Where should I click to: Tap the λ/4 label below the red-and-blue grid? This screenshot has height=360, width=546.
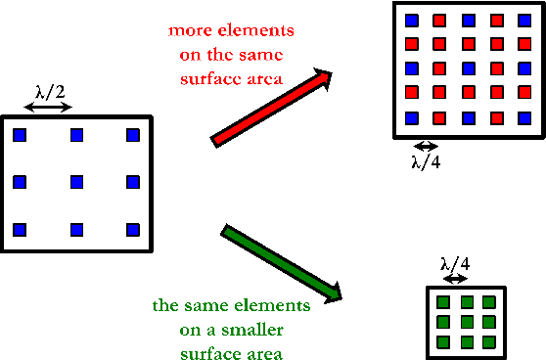426,160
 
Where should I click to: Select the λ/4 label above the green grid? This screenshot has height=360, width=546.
455,263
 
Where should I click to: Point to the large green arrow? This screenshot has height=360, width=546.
282,262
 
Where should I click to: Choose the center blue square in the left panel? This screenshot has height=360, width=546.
76,181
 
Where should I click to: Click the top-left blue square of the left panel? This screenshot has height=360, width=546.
20,135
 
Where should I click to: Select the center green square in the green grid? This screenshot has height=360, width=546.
465,322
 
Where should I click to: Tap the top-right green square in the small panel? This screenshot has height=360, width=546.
486,302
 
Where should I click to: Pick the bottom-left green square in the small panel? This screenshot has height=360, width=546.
443,341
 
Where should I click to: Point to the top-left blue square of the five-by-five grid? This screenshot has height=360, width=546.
412,21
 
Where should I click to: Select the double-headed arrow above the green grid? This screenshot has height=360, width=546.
455,279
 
